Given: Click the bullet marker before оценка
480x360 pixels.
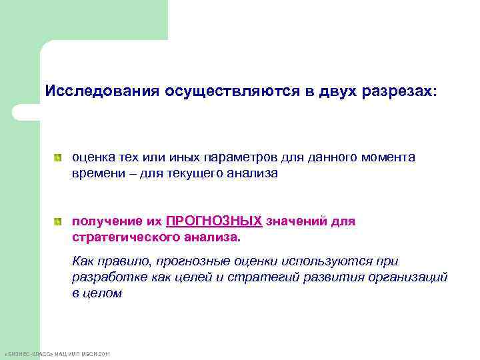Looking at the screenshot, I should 59,158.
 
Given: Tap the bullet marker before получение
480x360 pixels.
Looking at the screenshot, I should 59,221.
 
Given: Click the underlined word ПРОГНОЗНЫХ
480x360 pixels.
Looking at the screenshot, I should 213,221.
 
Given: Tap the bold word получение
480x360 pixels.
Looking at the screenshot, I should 104,221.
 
